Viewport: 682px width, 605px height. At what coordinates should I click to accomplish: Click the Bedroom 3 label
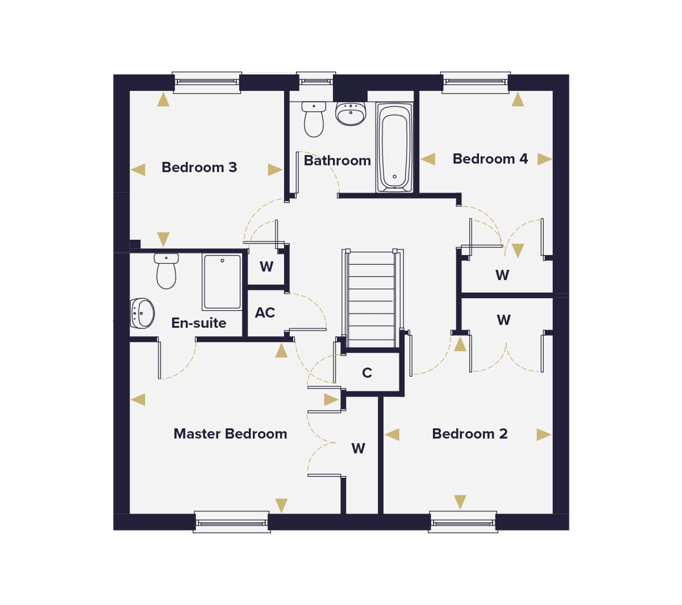point(199,167)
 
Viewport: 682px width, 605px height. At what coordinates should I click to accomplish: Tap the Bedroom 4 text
point(490,159)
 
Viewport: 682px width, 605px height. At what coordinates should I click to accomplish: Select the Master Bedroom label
point(230,434)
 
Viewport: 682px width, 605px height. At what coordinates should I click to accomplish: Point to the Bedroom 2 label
point(470,434)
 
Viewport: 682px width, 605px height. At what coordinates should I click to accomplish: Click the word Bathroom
point(337,161)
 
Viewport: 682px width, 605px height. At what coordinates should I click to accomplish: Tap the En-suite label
point(198,323)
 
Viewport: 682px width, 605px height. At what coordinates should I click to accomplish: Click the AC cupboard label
point(265,313)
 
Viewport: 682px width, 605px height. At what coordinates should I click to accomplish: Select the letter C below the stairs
point(367,373)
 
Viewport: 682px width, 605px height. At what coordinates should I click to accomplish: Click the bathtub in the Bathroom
point(395,147)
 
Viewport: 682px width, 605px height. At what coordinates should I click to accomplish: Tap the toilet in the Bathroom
point(314,119)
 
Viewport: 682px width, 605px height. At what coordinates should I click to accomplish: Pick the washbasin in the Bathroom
point(351,114)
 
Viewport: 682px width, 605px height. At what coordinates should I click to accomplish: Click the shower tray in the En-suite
point(222,282)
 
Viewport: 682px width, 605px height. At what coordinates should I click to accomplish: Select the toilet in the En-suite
point(166,271)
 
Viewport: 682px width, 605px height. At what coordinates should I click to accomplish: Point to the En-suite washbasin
point(142,313)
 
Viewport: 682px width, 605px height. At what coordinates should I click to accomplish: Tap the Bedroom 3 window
point(207,82)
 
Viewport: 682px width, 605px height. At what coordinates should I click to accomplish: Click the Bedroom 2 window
point(463,522)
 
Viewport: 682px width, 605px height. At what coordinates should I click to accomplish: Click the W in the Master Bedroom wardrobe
point(358,448)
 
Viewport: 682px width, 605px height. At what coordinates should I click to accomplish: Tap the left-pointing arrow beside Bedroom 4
point(428,159)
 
